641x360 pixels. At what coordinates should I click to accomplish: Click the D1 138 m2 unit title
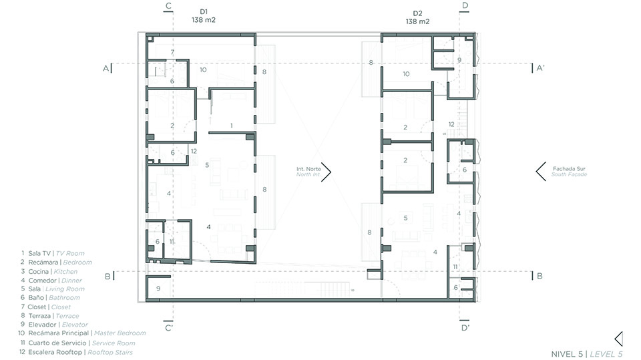click(204, 16)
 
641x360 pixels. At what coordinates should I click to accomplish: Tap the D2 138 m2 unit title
click(417, 17)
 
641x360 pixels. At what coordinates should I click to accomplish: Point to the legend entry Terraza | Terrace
click(50, 316)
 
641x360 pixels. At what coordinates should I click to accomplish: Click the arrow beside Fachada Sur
click(540, 172)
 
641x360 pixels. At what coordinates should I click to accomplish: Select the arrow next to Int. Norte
click(327, 172)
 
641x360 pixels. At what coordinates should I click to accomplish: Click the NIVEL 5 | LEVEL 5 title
click(587, 354)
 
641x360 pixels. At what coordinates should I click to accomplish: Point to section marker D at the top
click(465, 7)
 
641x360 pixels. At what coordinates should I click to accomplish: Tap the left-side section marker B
click(110, 276)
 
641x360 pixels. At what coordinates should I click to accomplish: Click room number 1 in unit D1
click(232, 126)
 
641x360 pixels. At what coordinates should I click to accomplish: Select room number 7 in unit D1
click(172, 52)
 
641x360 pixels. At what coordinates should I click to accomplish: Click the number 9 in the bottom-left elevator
click(158, 289)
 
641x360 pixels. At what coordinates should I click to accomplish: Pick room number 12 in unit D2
click(451, 124)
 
